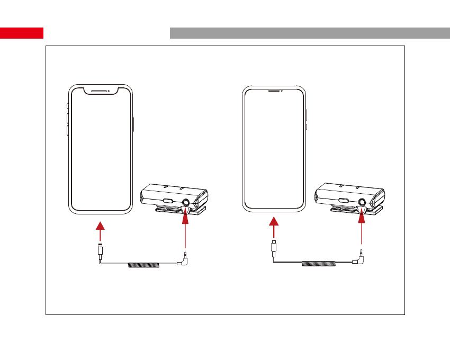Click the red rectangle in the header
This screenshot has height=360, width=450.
point(22,33)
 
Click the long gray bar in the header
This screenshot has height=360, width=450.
point(310,33)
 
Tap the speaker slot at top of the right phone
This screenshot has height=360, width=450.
point(274,90)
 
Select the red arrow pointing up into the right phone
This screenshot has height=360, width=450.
point(273,229)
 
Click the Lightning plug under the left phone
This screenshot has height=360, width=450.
point(100,250)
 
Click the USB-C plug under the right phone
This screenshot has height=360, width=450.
point(273,248)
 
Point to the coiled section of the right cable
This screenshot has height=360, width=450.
point(317,263)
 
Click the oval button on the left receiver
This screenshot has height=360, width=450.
point(168,202)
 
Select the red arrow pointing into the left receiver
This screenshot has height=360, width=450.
point(185,225)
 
